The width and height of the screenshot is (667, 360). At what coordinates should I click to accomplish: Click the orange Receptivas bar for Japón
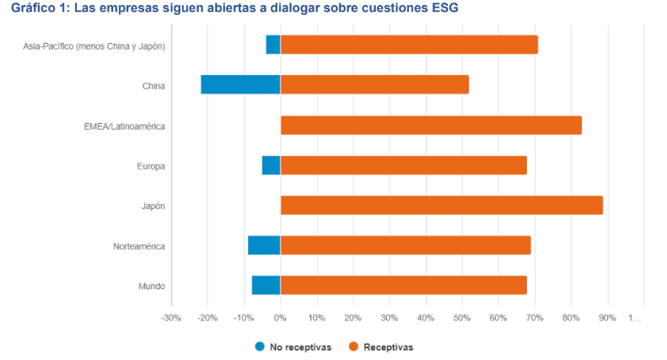pos(441,205)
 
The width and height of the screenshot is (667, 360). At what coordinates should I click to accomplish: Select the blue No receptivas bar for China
pos(240,84)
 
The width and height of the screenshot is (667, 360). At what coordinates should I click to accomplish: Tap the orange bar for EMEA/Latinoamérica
pos(431,125)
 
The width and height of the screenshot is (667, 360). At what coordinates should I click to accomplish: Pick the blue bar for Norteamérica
pos(264,245)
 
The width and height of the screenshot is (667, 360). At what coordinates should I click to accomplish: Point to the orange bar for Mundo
pos(403,286)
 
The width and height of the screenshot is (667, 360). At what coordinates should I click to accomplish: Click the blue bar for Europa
pos(271,165)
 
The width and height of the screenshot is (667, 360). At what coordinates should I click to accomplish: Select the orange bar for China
pos(374,84)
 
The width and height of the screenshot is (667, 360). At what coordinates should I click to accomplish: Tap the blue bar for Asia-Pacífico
pos(273,45)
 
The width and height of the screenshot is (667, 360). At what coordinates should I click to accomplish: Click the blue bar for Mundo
pos(266,286)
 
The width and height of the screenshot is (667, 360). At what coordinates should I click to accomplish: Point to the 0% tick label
pos(280,318)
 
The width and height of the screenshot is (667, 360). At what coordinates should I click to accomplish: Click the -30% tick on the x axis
pos(171,318)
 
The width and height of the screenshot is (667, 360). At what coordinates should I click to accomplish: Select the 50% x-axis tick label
pos(462,318)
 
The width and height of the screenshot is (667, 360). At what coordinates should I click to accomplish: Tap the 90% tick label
pos(607,318)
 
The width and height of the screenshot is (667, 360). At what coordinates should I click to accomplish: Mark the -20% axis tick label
pos(207,318)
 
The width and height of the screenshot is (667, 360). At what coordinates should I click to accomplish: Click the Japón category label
pos(152,206)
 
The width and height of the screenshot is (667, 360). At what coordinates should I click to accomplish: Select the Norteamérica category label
pos(139,246)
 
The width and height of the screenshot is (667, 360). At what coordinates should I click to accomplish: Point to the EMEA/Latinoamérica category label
pos(124,126)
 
